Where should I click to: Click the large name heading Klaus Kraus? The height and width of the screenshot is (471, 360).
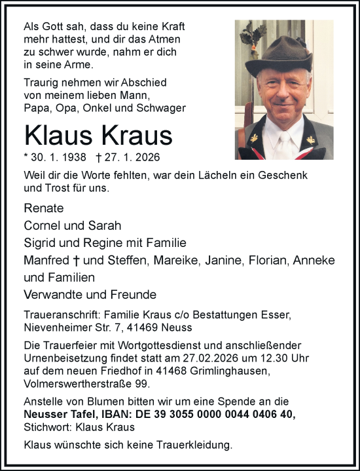click(x=98, y=135)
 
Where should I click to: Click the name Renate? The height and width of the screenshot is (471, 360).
click(x=43, y=208)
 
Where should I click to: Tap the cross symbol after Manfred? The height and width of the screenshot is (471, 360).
click(x=77, y=260)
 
